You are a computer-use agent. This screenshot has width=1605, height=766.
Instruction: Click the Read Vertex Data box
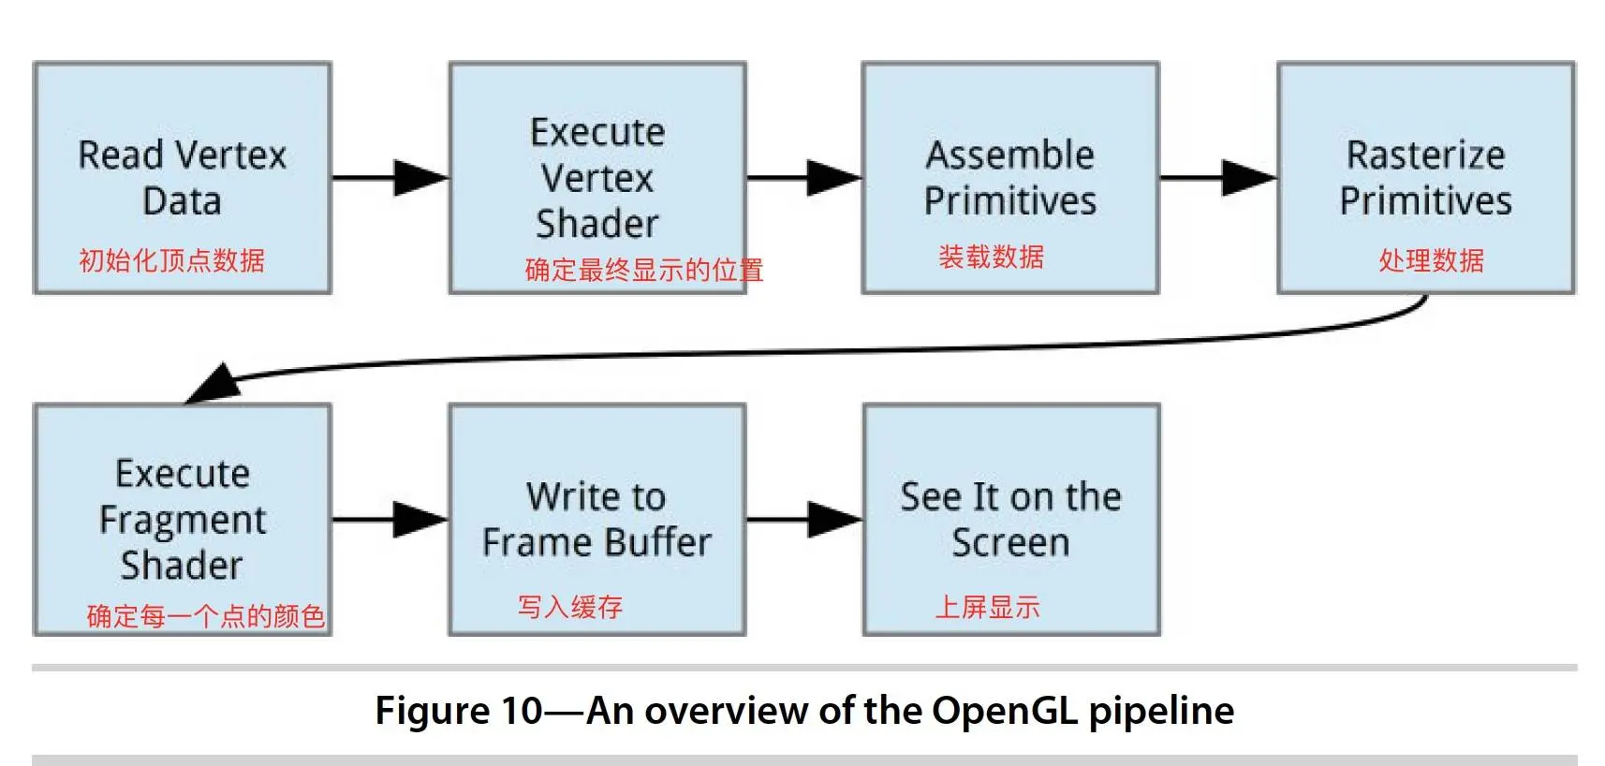click(x=182, y=178)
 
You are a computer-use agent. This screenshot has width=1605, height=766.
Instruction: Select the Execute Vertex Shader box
click(x=597, y=178)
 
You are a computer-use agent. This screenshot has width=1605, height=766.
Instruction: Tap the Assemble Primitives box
click(x=1010, y=178)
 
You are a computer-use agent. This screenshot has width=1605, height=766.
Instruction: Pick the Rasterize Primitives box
click(x=1426, y=178)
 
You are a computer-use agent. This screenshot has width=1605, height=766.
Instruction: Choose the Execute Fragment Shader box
click(x=182, y=520)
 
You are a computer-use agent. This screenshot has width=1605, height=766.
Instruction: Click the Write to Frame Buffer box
click(x=597, y=520)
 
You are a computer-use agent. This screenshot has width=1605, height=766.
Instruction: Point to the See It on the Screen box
click(x=1011, y=520)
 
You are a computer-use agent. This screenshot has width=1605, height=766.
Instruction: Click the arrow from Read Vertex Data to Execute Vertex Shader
click(x=390, y=178)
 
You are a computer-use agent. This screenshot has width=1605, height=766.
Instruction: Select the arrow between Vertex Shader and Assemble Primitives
click(x=804, y=178)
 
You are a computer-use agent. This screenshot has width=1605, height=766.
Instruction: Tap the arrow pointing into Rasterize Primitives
click(x=1219, y=178)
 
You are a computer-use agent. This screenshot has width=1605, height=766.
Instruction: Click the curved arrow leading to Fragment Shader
click(x=788, y=352)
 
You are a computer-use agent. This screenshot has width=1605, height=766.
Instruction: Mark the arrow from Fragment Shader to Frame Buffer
click(x=390, y=520)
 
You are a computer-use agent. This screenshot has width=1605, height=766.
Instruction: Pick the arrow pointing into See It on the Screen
click(x=804, y=520)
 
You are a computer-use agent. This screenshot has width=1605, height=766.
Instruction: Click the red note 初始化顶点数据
click(x=172, y=260)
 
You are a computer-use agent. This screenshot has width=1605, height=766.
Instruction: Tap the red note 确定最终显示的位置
click(x=644, y=270)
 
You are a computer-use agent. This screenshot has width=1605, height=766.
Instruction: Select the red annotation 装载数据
click(x=992, y=257)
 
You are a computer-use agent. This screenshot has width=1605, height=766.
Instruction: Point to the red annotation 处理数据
click(x=1432, y=260)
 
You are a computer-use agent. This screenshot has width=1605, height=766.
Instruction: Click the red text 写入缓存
click(x=570, y=607)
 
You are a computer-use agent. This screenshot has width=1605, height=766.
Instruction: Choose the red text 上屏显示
click(x=987, y=607)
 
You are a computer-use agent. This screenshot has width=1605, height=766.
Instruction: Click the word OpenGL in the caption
click(x=1005, y=711)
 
